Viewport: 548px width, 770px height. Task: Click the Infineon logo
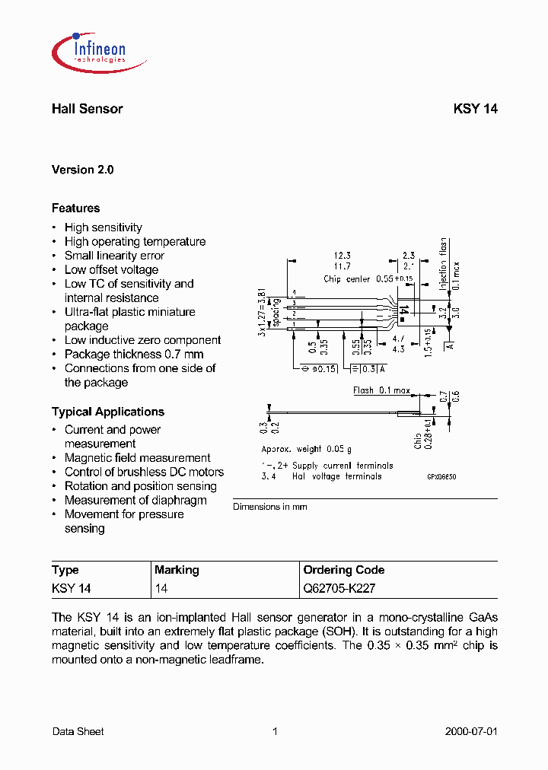coord(89,50)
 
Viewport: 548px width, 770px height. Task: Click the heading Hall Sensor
coord(87,109)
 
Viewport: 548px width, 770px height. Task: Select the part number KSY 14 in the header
coord(475,109)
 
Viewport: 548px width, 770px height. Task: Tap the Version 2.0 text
coord(82,170)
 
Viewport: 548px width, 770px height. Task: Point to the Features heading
coord(75,208)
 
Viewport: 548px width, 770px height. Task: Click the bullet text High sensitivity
coord(103,228)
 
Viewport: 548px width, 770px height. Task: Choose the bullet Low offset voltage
coord(111,269)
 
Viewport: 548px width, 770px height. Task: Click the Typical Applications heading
coord(107,412)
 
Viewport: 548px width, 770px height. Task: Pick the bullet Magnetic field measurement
coord(137,458)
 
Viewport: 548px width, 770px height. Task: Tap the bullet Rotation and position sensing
coord(140,486)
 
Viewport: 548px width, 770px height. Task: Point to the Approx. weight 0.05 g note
coord(307,450)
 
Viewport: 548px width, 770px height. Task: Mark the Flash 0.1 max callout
coord(381,390)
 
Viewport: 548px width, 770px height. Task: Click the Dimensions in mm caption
coord(270,507)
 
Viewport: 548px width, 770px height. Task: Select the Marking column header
coord(177,570)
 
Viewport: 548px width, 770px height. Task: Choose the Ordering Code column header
coord(344,570)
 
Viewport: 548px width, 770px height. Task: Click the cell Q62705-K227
coord(339,588)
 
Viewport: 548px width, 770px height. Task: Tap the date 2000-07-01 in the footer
coord(470,731)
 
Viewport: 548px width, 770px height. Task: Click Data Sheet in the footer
coord(78,731)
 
